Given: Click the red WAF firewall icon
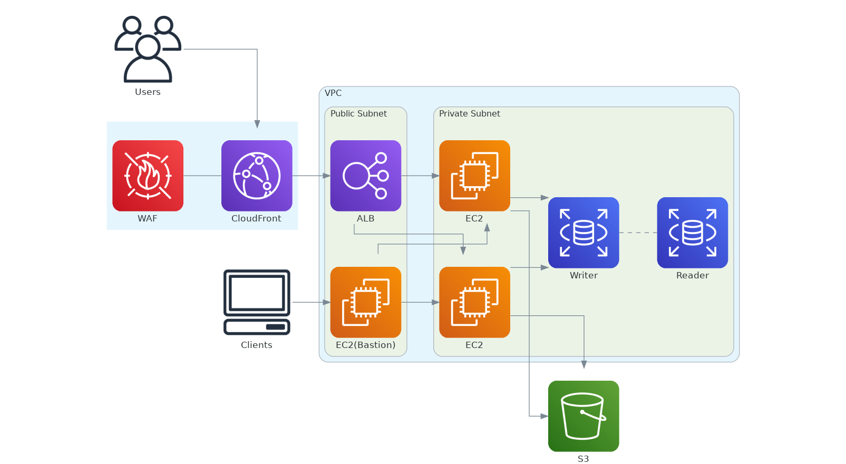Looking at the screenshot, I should click(148, 176).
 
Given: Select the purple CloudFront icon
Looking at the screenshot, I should click(257, 176).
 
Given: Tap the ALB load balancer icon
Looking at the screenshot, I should click(365, 176).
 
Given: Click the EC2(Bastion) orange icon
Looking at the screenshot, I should click(365, 302).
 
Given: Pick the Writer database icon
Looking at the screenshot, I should click(584, 233).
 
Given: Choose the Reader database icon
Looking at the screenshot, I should click(692, 233).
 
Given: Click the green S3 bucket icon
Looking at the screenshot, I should click(584, 416).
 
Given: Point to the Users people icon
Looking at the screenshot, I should click(148, 49).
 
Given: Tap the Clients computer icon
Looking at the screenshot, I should click(257, 302).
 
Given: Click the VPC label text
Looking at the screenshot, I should click(333, 93).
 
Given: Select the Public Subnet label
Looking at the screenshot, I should click(358, 114).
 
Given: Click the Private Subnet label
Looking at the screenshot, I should click(469, 114).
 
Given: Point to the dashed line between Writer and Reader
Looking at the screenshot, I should click(638, 233).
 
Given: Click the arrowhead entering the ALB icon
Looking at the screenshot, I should click(326, 176).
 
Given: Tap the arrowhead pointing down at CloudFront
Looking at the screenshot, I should click(257, 124).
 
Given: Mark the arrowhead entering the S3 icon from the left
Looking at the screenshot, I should click(544, 416).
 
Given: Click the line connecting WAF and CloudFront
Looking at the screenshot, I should click(202, 176).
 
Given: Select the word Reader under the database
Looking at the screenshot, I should click(692, 275).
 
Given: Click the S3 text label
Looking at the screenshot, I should click(583, 459).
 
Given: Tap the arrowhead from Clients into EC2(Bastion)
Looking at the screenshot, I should click(326, 302).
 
